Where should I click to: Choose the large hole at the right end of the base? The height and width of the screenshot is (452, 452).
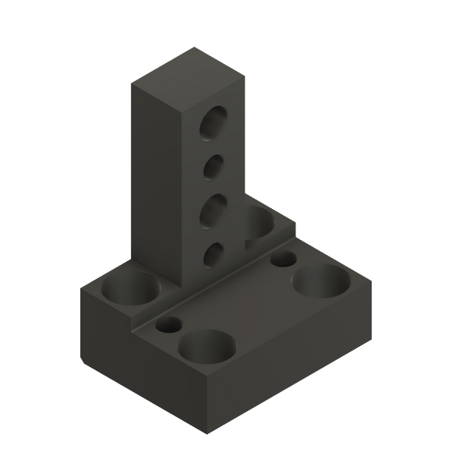point(320,281)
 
